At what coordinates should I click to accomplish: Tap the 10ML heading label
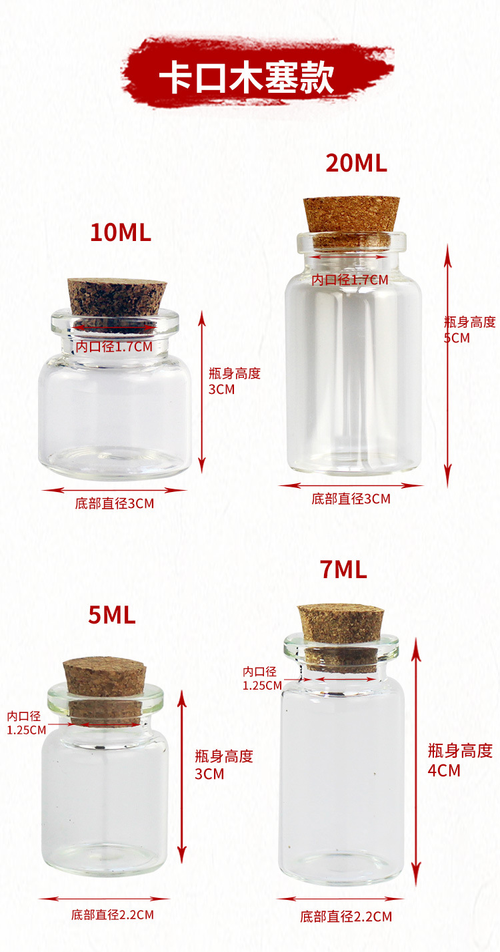(x=121, y=232)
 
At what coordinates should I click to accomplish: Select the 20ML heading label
(x=356, y=163)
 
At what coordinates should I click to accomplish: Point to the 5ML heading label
(x=112, y=615)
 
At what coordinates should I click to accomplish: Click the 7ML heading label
(x=343, y=569)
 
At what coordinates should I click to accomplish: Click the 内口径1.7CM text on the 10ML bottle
(x=114, y=346)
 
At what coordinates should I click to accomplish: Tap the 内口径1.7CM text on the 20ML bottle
(x=350, y=280)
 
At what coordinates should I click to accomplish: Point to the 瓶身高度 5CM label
(x=469, y=330)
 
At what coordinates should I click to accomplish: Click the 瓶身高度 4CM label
(x=460, y=760)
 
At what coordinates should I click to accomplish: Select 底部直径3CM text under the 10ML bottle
(x=114, y=503)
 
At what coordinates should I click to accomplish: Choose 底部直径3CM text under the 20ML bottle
(x=351, y=498)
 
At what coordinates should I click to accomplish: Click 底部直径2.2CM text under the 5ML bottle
(x=113, y=915)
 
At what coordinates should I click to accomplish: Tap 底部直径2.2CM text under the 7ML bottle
(x=345, y=916)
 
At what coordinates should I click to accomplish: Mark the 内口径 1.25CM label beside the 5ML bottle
(x=27, y=722)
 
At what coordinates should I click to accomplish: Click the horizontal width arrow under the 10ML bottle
(x=114, y=490)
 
